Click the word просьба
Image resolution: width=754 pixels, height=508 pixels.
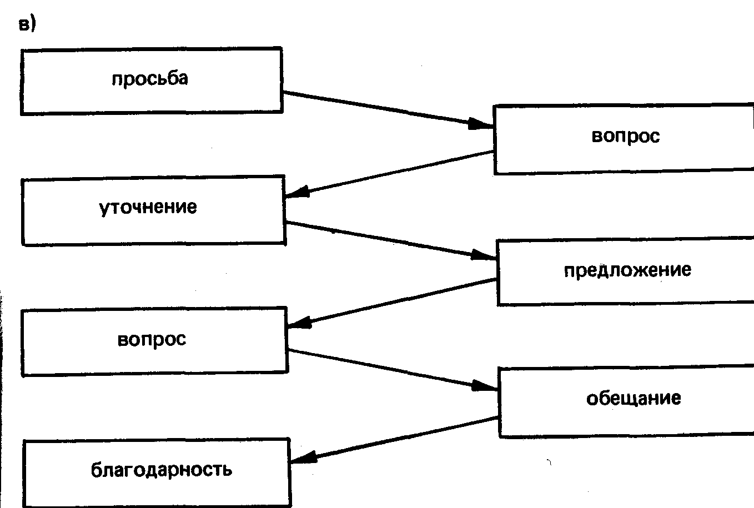point(150,79)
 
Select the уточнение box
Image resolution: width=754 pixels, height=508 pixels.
point(153,211)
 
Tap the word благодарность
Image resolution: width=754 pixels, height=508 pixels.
point(161,470)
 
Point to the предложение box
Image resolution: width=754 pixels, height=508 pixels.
point(625,273)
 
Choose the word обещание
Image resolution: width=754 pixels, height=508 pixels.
point(634,399)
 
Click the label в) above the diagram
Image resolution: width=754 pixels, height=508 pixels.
point(27,25)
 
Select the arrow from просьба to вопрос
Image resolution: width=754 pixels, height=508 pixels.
point(383,109)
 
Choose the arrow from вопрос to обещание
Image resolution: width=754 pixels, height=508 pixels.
point(389,369)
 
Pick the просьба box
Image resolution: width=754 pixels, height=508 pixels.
point(151,81)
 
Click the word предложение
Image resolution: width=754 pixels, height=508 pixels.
point(627,270)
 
